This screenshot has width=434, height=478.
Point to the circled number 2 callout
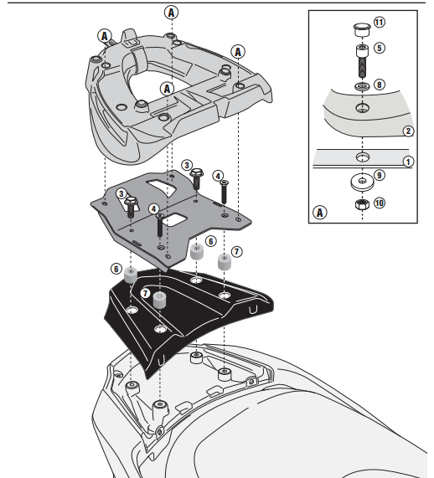407,131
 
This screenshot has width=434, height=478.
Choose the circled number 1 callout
407,160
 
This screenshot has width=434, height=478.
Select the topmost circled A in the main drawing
172,13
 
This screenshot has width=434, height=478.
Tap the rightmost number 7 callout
236,250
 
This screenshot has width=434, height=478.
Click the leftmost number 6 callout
116,268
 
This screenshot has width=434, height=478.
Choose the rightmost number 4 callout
218,176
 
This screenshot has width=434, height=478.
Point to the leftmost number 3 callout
122,193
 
